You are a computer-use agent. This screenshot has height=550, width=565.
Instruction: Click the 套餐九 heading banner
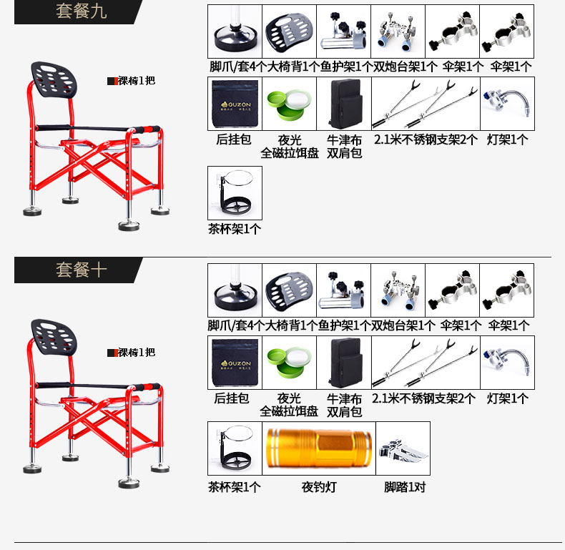pos(79,12)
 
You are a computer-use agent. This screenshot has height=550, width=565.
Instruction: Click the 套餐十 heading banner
pos(79,270)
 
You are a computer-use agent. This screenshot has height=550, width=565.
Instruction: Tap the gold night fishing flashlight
pos(318,448)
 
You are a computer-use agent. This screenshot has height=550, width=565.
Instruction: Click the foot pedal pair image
pos(403,448)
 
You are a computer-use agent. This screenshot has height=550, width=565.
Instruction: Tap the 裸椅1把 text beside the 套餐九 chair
pos(136,81)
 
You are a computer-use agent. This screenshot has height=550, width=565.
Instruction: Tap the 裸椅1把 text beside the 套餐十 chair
pos(136,353)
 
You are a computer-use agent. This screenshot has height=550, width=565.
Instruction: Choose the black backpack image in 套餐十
pos(344,363)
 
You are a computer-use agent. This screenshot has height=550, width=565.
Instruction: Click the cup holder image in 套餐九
pos(235,193)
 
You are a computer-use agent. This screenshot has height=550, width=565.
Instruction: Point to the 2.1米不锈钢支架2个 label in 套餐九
pos(425,139)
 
